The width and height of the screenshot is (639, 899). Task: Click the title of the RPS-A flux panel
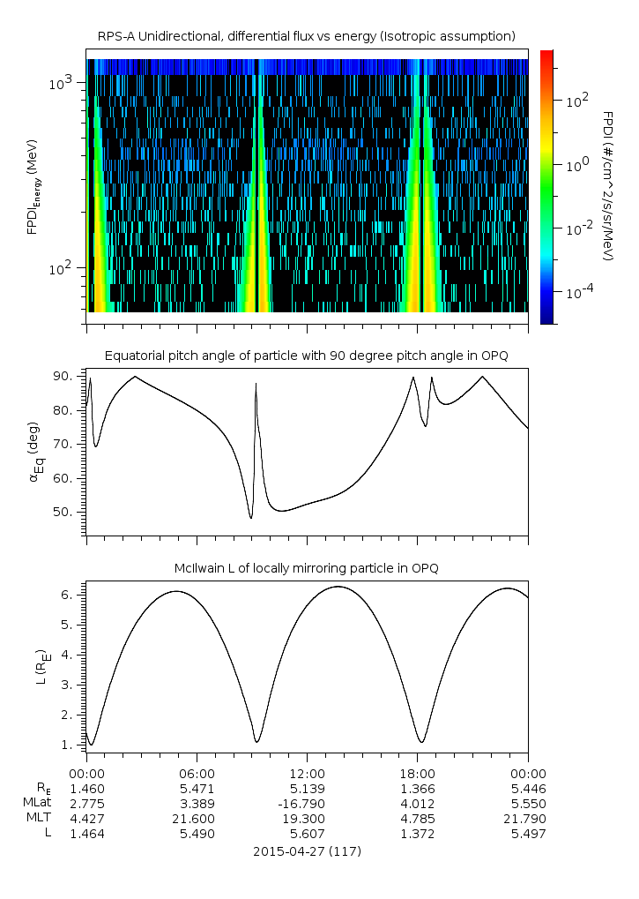(x=307, y=36)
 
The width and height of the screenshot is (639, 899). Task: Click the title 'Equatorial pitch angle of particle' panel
(x=307, y=356)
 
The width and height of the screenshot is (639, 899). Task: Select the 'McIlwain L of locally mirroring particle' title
(x=307, y=568)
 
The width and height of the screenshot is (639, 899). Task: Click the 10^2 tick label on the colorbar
(x=576, y=101)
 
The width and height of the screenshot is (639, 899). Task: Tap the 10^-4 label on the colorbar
(x=576, y=291)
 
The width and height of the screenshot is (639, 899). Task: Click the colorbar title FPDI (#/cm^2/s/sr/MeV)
(x=608, y=186)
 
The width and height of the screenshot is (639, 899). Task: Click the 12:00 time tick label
(x=307, y=771)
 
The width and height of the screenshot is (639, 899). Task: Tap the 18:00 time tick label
(x=417, y=771)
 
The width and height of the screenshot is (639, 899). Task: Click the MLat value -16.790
(x=307, y=803)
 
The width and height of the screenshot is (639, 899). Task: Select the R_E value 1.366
(x=417, y=787)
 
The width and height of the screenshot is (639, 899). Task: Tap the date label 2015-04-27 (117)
(x=307, y=852)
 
